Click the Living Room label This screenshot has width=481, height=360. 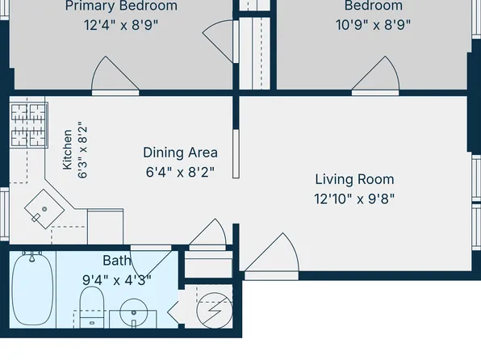pyautogui.click(x=354, y=179)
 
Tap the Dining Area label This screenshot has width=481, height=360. pyautogui.click(x=181, y=153)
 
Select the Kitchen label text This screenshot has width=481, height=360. pyautogui.click(x=67, y=149)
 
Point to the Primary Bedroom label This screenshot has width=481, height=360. pyautogui.click(x=121, y=6)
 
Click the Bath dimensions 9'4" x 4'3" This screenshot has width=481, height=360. pyautogui.click(x=117, y=280)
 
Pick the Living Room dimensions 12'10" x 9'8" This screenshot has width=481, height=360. pyautogui.click(x=354, y=199)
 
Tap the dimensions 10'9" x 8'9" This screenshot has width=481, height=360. pyautogui.click(x=373, y=25)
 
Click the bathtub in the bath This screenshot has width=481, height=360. pyautogui.click(x=32, y=289)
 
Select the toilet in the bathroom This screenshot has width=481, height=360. pyautogui.click(x=92, y=307)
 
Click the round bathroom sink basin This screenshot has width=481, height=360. pyautogui.click(x=134, y=312)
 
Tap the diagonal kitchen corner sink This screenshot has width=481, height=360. pyautogui.click(x=44, y=209)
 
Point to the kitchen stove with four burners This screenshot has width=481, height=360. pyautogui.click(x=28, y=125)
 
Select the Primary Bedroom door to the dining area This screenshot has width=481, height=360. pyautogui.click(x=115, y=76)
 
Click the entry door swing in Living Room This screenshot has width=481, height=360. pyautogui.click(x=272, y=256)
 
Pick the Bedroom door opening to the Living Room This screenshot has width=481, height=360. pyautogui.click(x=375, y=76)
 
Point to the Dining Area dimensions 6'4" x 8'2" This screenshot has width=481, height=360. pyautogui.click(x=180, y=172)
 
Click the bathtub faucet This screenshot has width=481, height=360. pyautogui.click(x=32, y=256)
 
